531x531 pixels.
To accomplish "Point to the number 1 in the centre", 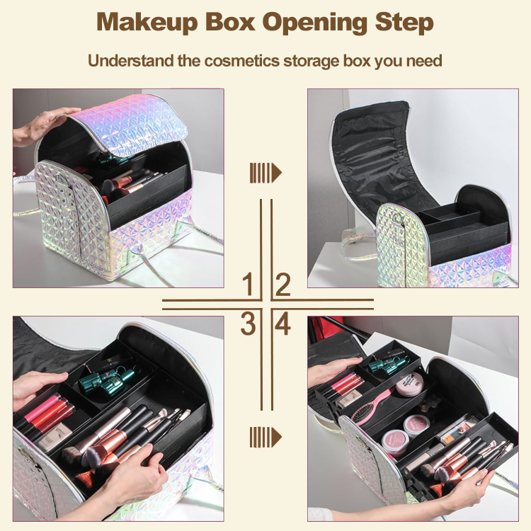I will [x=248, y=285].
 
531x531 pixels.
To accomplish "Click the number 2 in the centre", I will [x=282, y=285].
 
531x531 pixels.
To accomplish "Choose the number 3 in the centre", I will [x=248, y=324].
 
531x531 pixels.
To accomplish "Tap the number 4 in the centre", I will [x=282, y=324].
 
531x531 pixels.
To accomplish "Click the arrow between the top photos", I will [x=265, y=172].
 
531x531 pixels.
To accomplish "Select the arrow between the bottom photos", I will [x=265, y=436].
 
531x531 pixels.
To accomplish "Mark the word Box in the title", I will [x=232, y=22].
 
